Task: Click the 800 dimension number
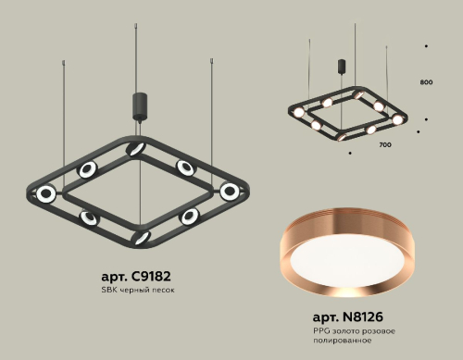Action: (426, 82)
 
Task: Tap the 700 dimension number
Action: (385, 146)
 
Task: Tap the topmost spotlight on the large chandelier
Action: (137, 148)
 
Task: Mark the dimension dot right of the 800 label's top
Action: (425, 44)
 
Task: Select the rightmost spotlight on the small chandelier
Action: (398, 119)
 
